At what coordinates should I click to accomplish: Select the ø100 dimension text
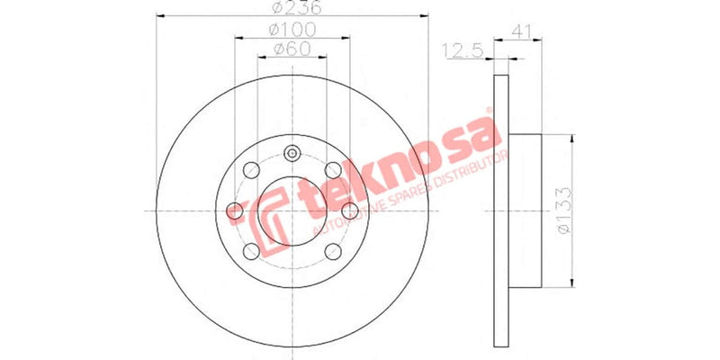[291, 30]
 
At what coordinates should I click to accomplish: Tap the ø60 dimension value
[290, 49]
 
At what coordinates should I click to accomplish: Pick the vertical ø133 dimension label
[563, 211]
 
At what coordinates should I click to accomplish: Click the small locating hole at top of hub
[292, 153]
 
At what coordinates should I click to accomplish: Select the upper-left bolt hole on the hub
[250, 169]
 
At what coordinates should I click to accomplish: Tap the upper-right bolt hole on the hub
[332, 169]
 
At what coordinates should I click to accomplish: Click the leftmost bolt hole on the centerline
[234, 211]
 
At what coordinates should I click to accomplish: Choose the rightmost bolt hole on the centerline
[349, 211]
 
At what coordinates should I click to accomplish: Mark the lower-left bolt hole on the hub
[250, 251]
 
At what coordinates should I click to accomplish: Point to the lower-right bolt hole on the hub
[332, 251]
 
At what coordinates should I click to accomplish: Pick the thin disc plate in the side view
[501, 211]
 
